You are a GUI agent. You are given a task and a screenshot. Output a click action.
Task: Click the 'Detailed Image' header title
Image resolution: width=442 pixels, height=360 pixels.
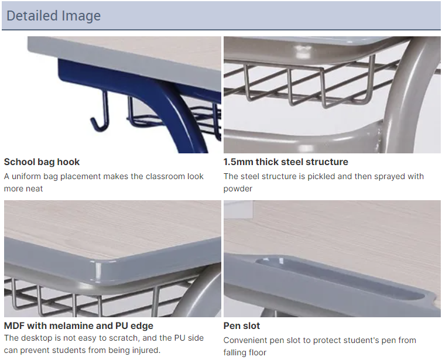(x=53, y=16)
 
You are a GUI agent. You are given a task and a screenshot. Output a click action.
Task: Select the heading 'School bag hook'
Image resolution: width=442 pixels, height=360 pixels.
(x=42, y=162)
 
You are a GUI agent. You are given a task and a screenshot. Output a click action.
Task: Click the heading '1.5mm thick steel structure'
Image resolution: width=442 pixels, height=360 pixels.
(x=286, y=162)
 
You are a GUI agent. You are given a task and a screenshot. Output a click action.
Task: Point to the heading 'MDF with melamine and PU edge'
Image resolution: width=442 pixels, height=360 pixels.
(x=78, y=325)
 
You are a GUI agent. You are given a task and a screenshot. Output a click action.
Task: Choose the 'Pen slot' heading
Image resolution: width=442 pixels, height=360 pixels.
(x=242, y=325)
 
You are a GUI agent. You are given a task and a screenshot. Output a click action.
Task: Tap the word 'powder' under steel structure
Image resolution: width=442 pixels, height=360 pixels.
(x=238, y=188)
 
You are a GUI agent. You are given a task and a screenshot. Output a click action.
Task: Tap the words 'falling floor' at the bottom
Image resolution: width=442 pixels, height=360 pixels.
(x=245, y=352)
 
